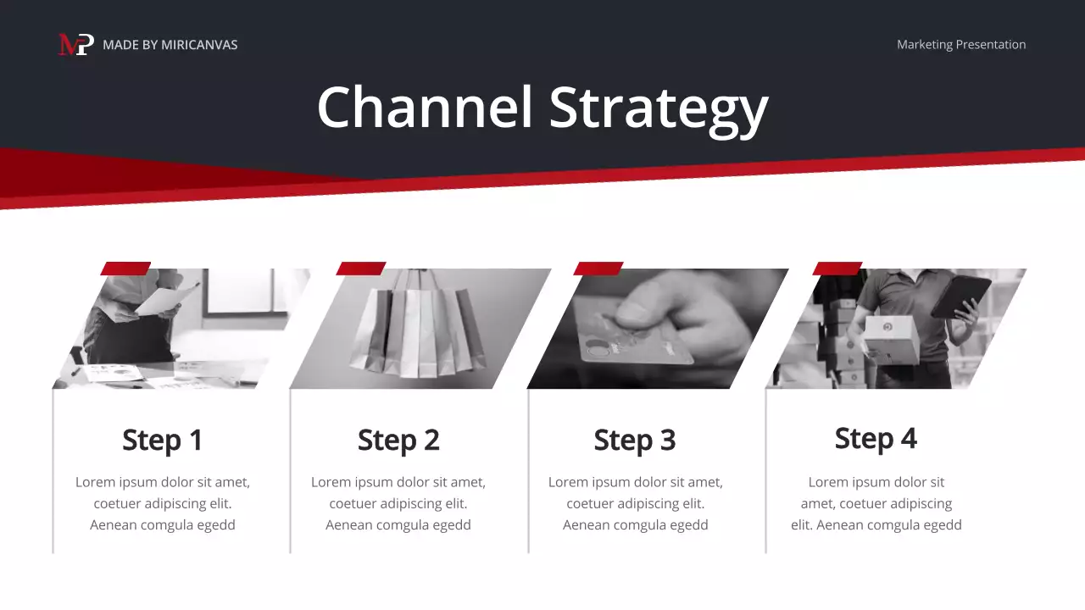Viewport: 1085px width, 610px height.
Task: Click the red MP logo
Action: pyautogui.click(x=75, y=44)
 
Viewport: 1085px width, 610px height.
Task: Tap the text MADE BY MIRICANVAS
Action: pyautogui.click(x=170, y=45)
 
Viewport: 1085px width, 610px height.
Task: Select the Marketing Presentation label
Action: pyautogui.click(x=960, y=45)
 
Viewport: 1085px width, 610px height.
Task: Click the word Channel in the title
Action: pyautogui.click(x=425, y=108)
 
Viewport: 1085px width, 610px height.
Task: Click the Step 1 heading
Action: pyautogui.click(x=162, y=440)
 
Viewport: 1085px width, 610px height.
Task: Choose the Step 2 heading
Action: pyautogui.click(x=398, y=440)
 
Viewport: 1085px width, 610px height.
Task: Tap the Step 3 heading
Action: pyautogui.click(x=635, y=440)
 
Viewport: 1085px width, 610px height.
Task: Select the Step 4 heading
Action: pyautogui.click(x=876, y=438)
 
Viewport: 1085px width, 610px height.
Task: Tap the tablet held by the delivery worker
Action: pyautogui.click(x=961, y=297)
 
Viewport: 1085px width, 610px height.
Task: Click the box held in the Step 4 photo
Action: pyautogui.click(x=890, y=337)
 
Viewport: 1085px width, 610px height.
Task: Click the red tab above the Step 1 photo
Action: pyautogui.click(x=125, y=269)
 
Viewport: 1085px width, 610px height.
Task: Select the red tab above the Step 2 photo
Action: pyautogui.click(x=361, y=269)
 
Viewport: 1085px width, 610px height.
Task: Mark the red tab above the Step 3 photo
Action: pyautogui.click(x=598, y=269)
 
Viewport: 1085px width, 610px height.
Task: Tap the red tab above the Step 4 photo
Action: pyautogui.click(x=837, y=269)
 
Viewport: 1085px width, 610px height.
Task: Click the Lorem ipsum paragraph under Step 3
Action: pyautogui.click(x=635, y=503)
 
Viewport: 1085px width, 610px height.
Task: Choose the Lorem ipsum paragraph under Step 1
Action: pyautogui.click(x=162, y=503)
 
